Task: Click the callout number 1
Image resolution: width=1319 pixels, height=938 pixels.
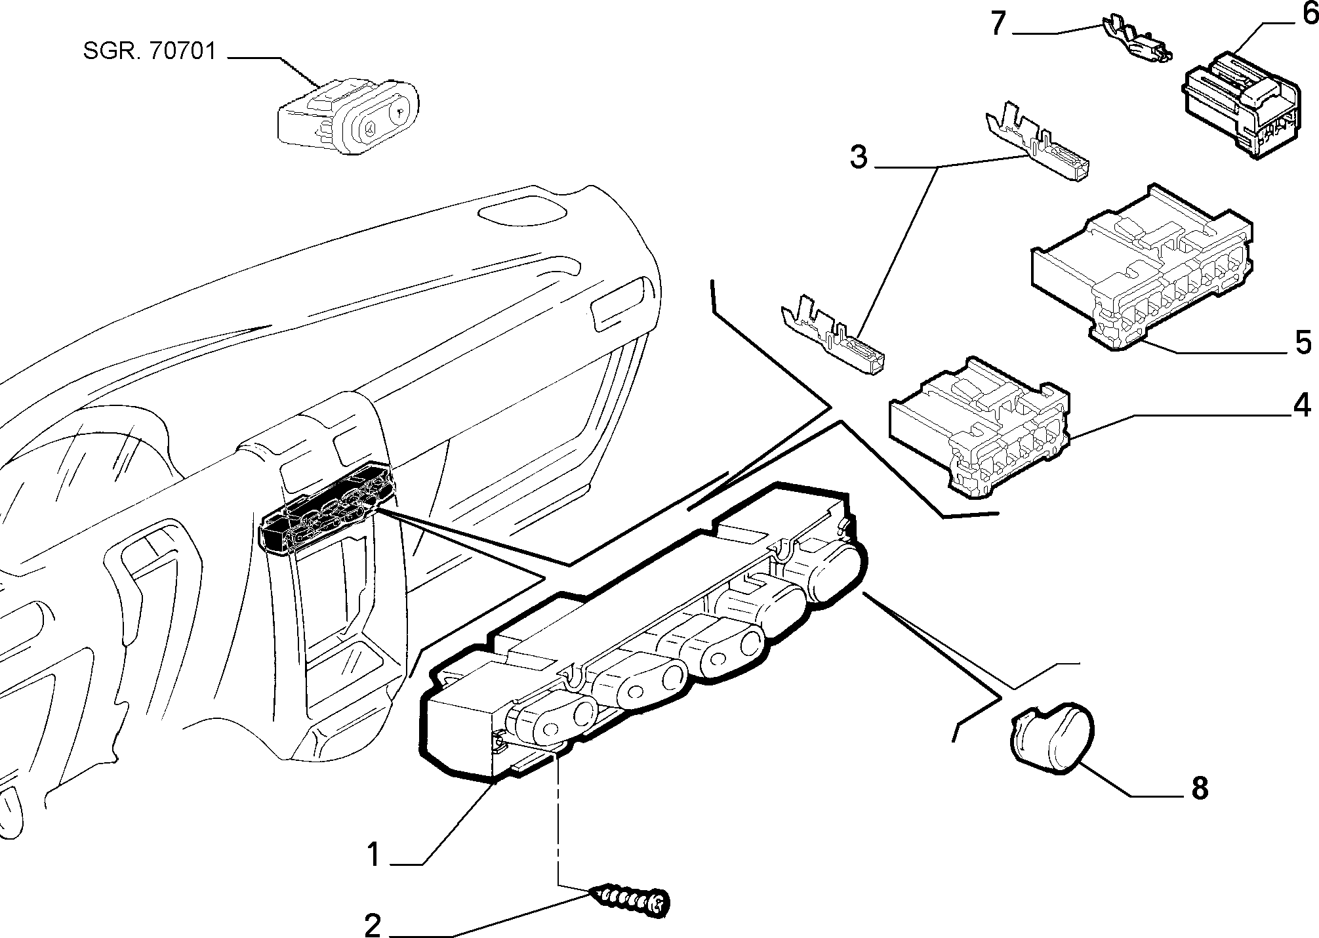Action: (373, 855)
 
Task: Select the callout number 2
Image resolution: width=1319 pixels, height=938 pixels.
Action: (373, 927)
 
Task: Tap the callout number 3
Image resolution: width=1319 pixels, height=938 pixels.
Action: (859, 157)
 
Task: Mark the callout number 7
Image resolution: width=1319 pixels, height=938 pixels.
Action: (998, 24)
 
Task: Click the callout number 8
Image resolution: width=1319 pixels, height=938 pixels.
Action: (1200, 788)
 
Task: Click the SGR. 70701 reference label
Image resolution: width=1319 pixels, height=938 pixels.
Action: (150, 51)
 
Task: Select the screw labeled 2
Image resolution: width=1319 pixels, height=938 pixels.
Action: (630, 900)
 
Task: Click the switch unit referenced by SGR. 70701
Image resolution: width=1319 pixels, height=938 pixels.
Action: (348, 117)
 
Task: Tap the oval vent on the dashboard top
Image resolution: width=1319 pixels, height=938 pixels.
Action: (521, 213)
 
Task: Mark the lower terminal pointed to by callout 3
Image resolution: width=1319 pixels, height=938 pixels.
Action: (831, 336)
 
